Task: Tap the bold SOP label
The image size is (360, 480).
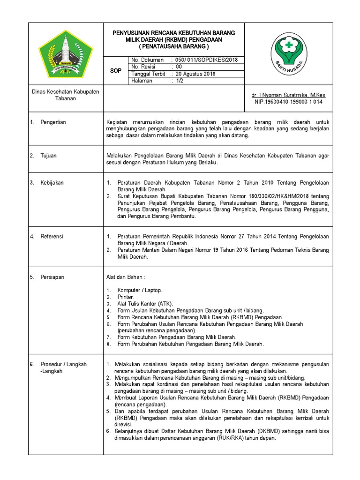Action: (115, 70)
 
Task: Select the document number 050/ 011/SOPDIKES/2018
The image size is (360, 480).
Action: (204, 60)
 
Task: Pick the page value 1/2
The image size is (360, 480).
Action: (180, 81)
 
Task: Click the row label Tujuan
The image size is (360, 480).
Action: (48, 156)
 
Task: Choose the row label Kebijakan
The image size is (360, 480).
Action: (52, 183)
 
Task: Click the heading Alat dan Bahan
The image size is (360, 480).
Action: (125, 277)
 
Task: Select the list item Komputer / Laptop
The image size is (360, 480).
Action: (140, 291)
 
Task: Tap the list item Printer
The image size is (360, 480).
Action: (126, 297)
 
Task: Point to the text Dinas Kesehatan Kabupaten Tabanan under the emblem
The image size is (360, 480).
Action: (65, 95)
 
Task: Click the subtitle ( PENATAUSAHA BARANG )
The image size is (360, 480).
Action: (173, 47)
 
